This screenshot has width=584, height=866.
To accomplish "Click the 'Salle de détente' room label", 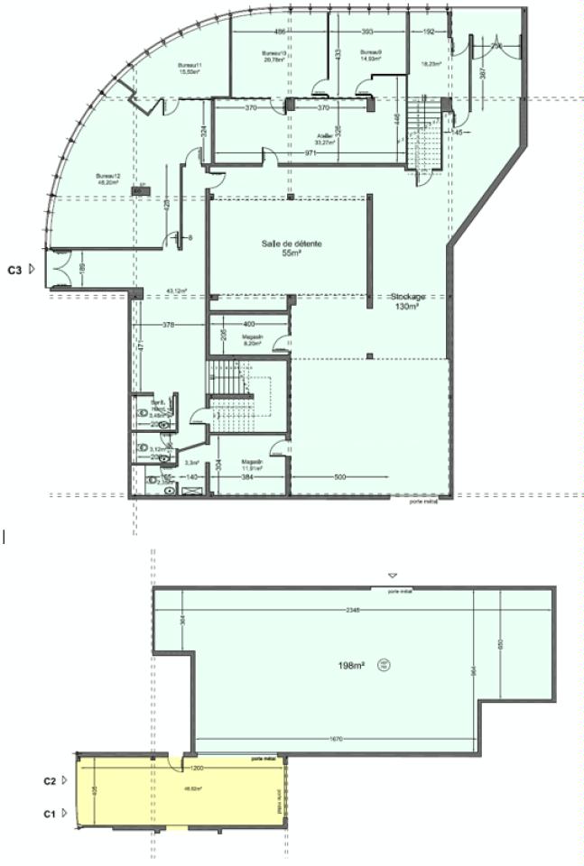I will pyautogui.click(x=292, y=244).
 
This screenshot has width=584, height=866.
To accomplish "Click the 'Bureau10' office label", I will pyautogui.click(x=273, y=53).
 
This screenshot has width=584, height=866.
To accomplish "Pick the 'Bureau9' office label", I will pyautogui.click(x=371, y=53).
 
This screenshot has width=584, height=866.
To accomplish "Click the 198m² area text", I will pyautogui.click(x=351, y=665).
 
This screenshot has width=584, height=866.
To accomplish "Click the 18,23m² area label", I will pyautogui.click(x=431, y=63).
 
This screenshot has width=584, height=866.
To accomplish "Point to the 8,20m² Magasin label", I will pyautogui.click(x=252, y=340).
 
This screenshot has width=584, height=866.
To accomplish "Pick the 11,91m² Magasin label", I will pyautogui.click(x=252, y=465).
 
